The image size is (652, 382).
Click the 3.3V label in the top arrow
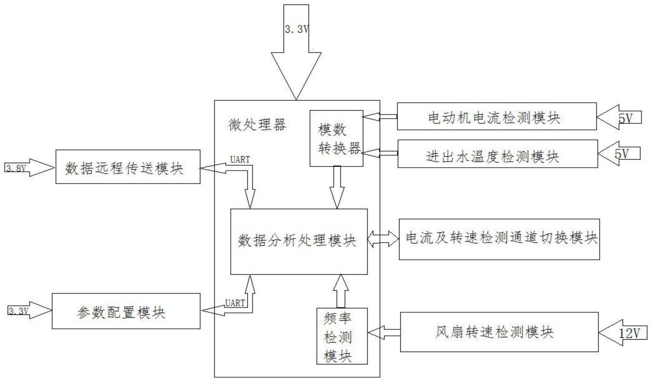point(296,29)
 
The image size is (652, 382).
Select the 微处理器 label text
point(257,125)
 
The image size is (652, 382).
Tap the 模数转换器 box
point(336,139)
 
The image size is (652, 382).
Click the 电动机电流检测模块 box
point(496,117)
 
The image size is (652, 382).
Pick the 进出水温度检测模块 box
point(497,154)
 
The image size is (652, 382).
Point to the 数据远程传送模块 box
point(128,167)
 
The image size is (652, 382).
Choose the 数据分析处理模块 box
point(299,242)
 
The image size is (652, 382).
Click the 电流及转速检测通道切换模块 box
point(499,239)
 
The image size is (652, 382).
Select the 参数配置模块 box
point(126,311)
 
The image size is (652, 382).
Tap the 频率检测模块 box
point(342,336)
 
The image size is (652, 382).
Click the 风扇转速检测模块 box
point(499,332)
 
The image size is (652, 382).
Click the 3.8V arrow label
point(16,168)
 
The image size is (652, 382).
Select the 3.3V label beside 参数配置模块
point(18,311)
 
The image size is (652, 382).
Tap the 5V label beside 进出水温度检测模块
point(621,154)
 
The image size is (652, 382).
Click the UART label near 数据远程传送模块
point(240,160)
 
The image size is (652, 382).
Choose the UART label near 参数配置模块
point(235,303)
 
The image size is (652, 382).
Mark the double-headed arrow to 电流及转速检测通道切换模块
point(383,239)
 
